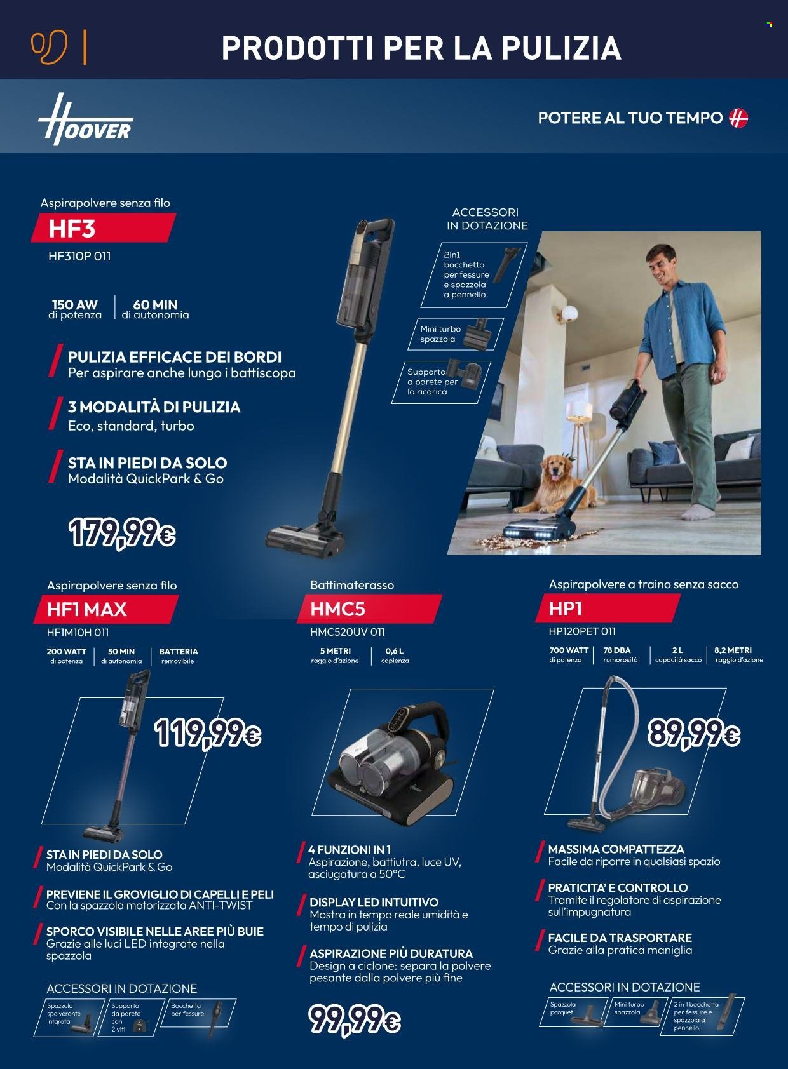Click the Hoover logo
(85, 120)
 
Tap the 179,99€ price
(122, 533)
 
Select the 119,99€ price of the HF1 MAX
(208, 734)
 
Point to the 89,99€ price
(694, 733)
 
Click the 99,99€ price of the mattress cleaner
(355, 1019)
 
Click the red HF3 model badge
(103, 228)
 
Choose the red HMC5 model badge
(369, 608)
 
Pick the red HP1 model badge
(608, 608)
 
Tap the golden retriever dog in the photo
(559, 483)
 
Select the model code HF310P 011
(79, 256)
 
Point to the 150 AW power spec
(74, 309)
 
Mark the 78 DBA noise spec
(620, 655)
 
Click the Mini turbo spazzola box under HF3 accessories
(456, 334)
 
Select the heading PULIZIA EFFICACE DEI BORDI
(175, 357)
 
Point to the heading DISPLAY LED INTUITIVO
(374, 903)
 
